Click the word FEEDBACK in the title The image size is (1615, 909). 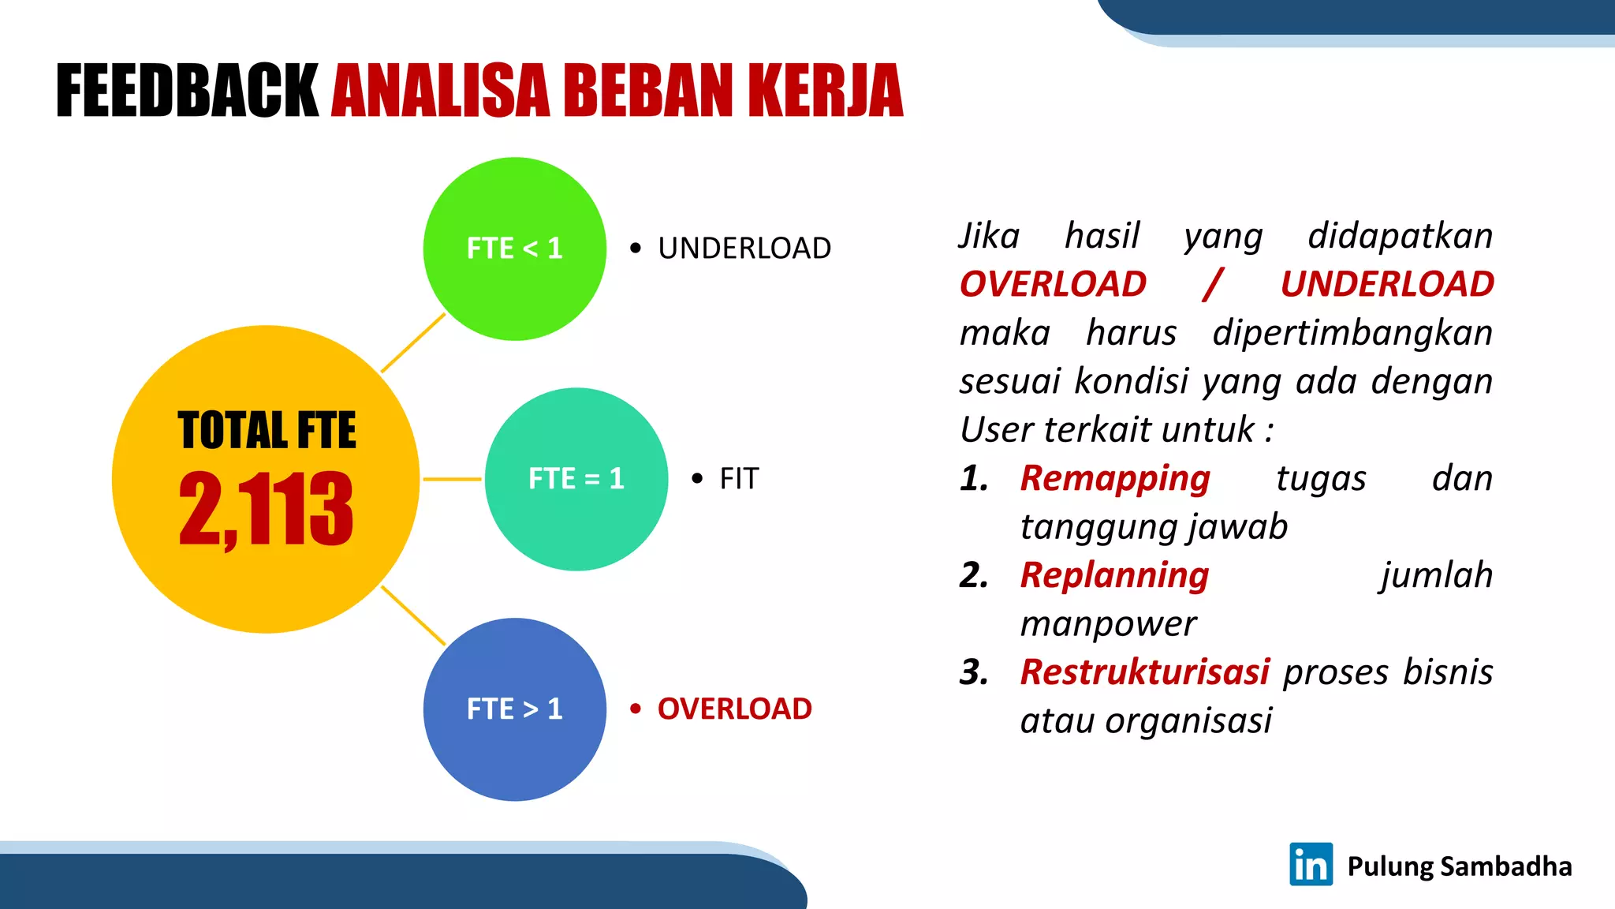pyautogui.click(x=187, y=92)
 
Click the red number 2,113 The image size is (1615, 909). pyautogui.click(x=266, y=509)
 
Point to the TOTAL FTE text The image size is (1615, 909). pyautogui.click(x=267, y=431)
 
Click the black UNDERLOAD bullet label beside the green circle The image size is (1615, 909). pyautogui.click(x=744, y=249)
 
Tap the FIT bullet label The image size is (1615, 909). pyautogui.click(x=738, y=479)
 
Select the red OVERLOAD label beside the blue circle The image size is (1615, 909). pyautogui.click(x=734, y=709)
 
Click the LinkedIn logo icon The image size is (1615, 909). pyautogui.click(x=1311, y=865)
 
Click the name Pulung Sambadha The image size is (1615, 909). pyautogui.click(x=1459, y=866)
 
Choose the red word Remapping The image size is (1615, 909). pyautogui.click(x=1114, y=479)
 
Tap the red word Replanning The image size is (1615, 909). pyautogui.click(x=1113, y=576)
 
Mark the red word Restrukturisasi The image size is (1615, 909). pyautogui.click(x=1144, y=672)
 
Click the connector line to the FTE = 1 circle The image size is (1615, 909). pyautogui.click(x=452, y=479)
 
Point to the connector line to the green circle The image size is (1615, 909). pyautogui.click(x=413, y=343)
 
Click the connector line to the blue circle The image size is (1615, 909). pyautogui.click(x=413, y=615)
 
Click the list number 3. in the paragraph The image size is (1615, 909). pyautogui.click(x=974, y=672)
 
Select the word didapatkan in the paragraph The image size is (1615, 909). pyautogui.click(x=1400, y=236)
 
